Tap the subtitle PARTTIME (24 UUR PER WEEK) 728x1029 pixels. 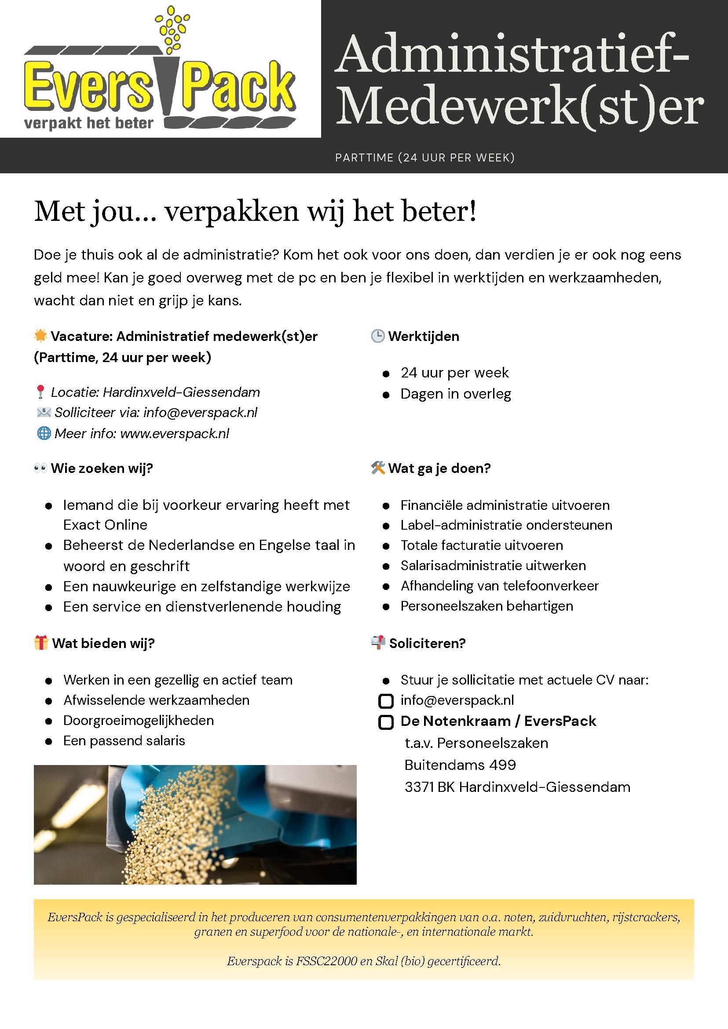424,158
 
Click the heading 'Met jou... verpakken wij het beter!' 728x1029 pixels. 255,212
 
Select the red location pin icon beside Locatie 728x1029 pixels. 40,392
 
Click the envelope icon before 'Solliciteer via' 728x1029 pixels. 44,413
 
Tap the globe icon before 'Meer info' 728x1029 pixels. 44,434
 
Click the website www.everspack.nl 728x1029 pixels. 174,434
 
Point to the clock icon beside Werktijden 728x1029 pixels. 377,336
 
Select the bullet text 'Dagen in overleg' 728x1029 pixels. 455,394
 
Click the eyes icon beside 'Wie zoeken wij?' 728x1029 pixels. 40,469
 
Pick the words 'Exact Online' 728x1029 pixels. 105,524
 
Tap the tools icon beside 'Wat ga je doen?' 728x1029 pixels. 378,469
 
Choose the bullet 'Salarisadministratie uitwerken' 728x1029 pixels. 493,565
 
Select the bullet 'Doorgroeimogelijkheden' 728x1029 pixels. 138,721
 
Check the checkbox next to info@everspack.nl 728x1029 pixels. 386,701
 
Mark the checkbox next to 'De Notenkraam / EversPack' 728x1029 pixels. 386,722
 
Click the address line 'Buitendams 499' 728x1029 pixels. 460,765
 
